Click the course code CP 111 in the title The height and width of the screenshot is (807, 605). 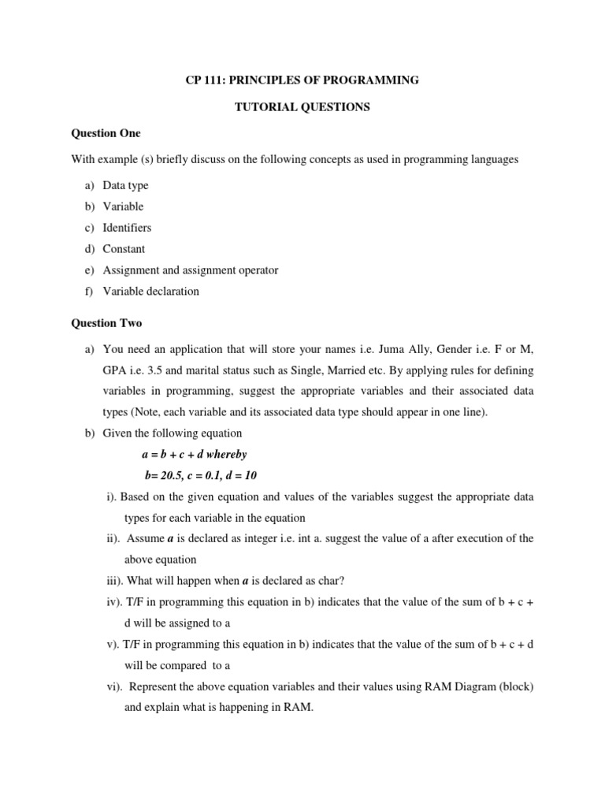click(x=204, y=80)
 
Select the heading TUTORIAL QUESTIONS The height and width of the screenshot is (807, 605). click(x=302, y=107)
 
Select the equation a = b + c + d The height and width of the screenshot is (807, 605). click(x=171, y=455)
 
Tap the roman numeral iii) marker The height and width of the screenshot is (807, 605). click(x=116, y=582)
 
